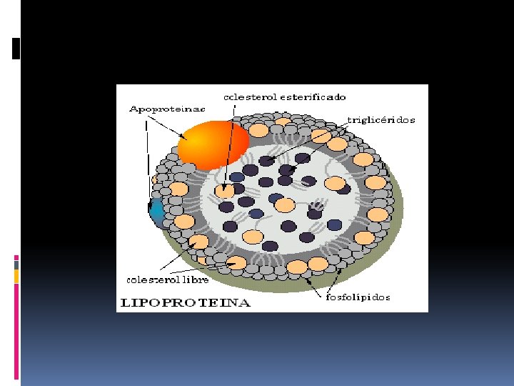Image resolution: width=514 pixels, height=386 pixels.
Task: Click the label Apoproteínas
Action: tap(167, 109)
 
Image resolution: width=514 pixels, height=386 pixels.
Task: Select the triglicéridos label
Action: tap(381, 121)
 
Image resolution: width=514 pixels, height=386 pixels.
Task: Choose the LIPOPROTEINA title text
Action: tap(184, 303)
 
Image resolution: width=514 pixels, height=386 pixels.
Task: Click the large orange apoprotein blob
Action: tap(212, 145)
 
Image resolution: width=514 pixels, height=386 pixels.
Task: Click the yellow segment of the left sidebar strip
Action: tap(16, 276)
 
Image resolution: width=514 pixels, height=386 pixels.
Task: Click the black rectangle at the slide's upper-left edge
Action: tap(16, 48)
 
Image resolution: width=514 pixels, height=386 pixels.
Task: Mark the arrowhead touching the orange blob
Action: tap(183, 137)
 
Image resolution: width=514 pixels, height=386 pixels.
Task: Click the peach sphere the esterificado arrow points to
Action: tap(225, 191)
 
